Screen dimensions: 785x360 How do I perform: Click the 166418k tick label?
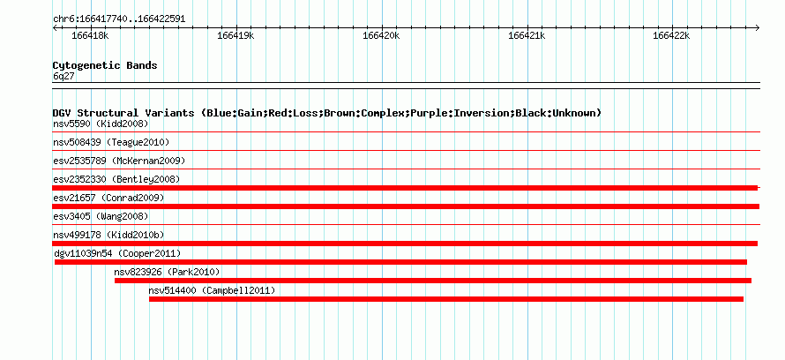click(90, 35)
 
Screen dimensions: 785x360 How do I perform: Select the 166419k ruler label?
click(235, 35)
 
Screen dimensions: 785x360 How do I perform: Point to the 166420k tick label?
click(381, 35)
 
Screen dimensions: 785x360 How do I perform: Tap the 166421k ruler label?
click(527, 35)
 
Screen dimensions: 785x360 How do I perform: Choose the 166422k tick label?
click(671, 35)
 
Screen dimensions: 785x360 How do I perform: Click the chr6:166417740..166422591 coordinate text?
click(119, 19)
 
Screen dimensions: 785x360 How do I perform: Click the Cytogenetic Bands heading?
click(105, 65)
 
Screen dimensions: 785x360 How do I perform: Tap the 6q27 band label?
click(64, 77)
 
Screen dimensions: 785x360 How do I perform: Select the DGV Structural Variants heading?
click(327, 113)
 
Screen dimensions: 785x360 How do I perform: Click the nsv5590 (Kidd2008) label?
click(101, 124)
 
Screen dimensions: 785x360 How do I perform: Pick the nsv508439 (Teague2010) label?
click(111, 142)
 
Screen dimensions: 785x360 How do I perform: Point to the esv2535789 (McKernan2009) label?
click(119, 161)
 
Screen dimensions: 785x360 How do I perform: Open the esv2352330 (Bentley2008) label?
click(116, 179)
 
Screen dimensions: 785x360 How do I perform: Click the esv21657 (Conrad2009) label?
click(108, 198)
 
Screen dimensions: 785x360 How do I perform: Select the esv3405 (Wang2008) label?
click(101, 216)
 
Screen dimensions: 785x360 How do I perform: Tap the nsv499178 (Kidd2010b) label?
click(108, 235)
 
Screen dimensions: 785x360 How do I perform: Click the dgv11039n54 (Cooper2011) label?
click(117, 253)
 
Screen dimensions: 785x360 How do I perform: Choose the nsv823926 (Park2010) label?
click(168, 272)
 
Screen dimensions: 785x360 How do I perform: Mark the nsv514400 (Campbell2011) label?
click(213, 290)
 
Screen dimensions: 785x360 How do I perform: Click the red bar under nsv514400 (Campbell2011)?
click(446, 299)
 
